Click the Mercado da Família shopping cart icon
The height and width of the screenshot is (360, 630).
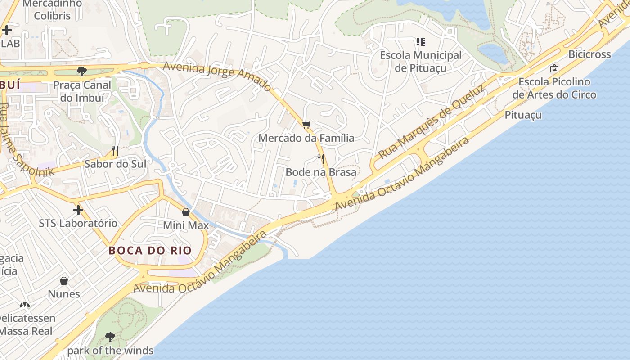click(306, 125)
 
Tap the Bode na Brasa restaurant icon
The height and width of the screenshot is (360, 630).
click(321, 158)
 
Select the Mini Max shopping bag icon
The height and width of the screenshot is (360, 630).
click(186, 212)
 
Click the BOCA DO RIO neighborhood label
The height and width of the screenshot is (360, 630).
click(150, 251)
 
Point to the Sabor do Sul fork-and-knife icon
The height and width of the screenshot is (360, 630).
click(115, 151)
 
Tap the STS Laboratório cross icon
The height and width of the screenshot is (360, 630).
click(78, 210)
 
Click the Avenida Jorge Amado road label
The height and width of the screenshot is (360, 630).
click(217, 76)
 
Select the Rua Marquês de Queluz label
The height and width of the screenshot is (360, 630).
click(432, 121)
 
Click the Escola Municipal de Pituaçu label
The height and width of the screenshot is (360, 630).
click(421, 61)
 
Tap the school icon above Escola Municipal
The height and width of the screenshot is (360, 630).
click(421, 42)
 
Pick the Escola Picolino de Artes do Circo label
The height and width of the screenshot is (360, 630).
click(554, 88)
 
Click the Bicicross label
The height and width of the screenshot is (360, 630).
click(589, 54)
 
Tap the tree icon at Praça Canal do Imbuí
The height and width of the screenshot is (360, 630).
click(82, 71)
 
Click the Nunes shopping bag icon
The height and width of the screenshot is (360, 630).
click(64, 281)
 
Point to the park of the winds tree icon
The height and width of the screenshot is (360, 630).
click(110, 337)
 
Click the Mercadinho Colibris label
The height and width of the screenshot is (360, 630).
click(52, 9)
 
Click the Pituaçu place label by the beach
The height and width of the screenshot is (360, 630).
click(523, 115)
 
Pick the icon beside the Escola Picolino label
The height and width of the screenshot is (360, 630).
click(554, 68)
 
